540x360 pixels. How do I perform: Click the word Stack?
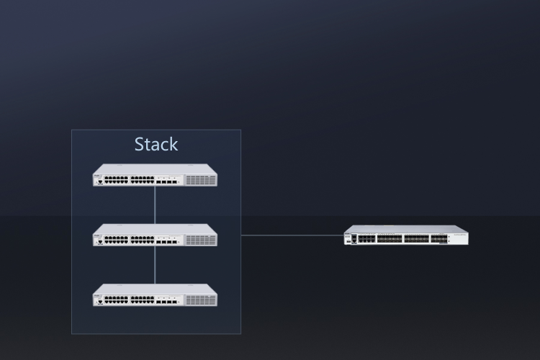156,144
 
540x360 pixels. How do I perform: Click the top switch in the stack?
155,176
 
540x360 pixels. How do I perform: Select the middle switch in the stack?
155,235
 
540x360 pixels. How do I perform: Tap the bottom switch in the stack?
155,295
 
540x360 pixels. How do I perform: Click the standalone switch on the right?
406,235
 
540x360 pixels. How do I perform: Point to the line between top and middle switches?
155,205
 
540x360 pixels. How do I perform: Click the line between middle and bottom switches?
155,265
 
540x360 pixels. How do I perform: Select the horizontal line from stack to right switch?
292,235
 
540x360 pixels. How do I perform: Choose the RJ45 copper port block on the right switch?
366,238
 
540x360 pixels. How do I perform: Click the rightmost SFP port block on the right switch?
439,238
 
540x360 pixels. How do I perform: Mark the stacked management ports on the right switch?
354,238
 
